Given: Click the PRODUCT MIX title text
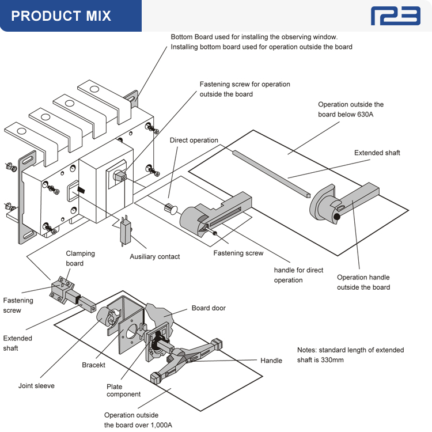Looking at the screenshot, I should tap(61, 16).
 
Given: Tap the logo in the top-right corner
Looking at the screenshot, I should tap(395, 16).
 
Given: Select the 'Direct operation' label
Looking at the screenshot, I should tap(194, 140).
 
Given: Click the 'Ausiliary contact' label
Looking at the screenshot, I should tap(154, 256).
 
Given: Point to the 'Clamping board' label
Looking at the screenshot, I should tap(80, 258).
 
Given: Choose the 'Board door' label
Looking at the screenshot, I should tap(209, 308).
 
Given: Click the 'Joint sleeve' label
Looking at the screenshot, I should tap(36, 386).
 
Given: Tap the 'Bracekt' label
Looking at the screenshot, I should tap(93, 365).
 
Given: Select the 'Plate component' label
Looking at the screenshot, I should tap(123, 391).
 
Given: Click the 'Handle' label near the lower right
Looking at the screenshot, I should tap(271, 361).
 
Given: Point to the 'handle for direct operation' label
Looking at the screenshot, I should tap(298, 275).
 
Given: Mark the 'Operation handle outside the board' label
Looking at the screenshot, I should tap(363, 282).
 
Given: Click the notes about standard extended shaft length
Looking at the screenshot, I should tap(350, 355).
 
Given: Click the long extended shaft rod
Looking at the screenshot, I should tap(271, 173).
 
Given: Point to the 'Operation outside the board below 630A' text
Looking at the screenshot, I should tap(351, 109).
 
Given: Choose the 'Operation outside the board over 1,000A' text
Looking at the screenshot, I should tap(138, 420).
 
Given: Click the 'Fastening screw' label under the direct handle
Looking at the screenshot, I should tap(238, 253).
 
